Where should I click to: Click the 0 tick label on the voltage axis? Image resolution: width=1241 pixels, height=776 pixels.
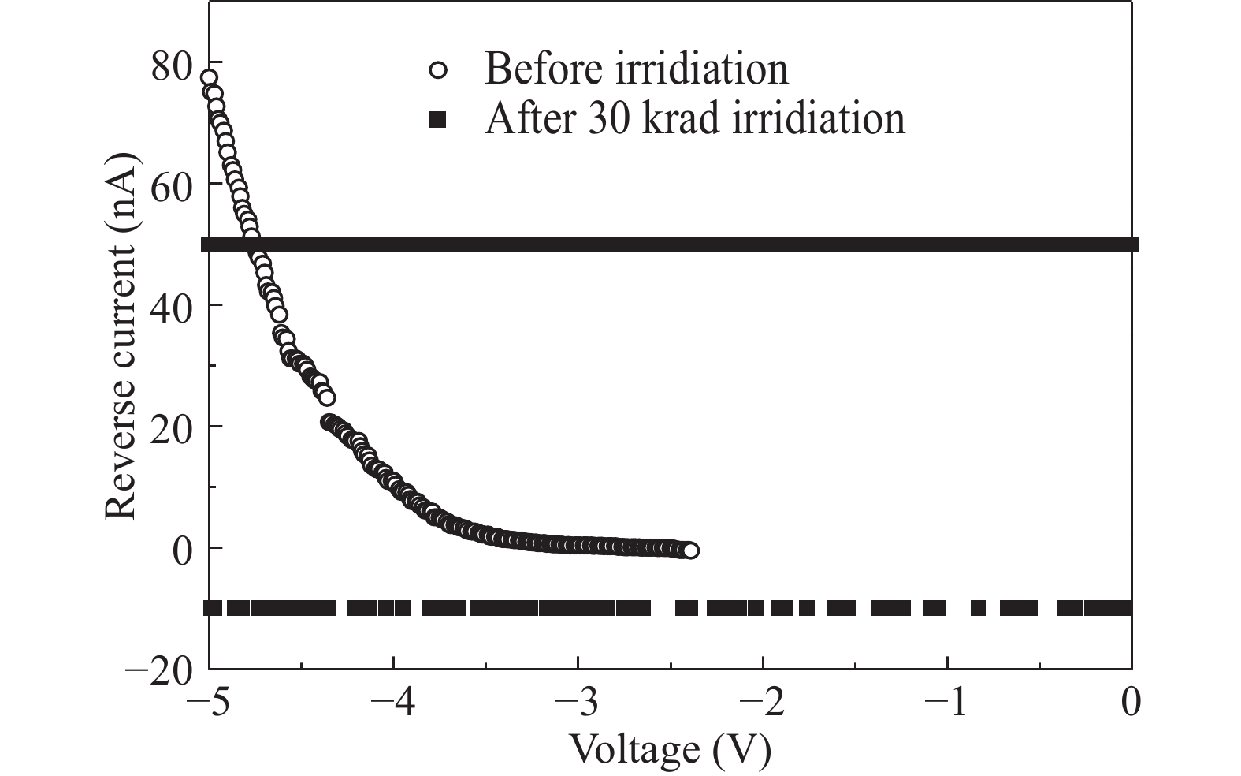(1131, 702)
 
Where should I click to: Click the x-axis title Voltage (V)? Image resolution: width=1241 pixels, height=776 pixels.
(669, 749)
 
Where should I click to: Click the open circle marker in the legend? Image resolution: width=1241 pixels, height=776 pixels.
(438, 69)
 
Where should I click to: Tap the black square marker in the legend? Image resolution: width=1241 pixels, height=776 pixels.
(438, 120)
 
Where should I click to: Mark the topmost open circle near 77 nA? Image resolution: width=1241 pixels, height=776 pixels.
(209, 78)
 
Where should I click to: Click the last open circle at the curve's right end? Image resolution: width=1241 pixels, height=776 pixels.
(690, 550)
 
